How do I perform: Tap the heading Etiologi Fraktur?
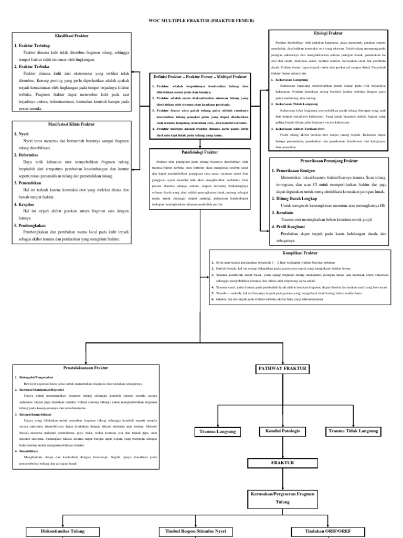pyautogui.click(x=328, y=33)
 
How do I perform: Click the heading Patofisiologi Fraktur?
pyautogui.click(x=202, y=152)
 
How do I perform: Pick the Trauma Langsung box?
pyautogui.click(x=217, y=431)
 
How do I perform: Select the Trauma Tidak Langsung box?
pyautogui.click(x=353, y=431)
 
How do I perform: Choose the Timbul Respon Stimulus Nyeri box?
pyautogui.click(x=196, y=531)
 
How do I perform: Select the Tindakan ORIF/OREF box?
pyautogui.click(x=328, y=531)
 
